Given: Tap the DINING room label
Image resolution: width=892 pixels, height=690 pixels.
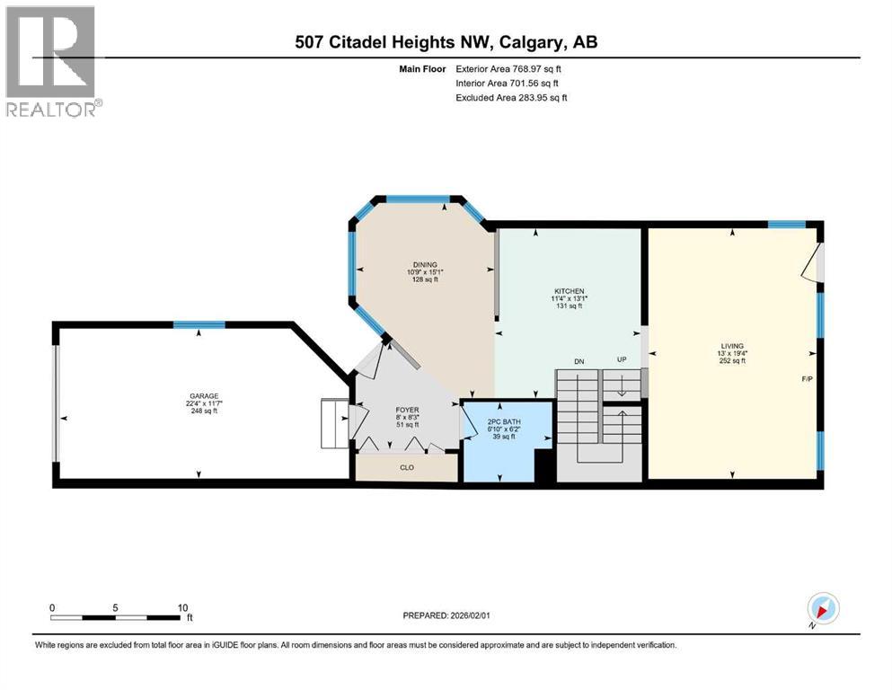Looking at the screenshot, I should (x=425, y=264).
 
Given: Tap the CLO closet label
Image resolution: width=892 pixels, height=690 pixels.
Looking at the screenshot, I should (x=406, y=467).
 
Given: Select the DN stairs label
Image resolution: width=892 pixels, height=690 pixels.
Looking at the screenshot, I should (x=579, y=361).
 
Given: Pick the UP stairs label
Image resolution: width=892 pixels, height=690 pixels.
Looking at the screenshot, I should (x=621, y=360).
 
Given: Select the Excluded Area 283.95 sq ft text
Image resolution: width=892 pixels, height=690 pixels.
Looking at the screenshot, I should (x=511, y=97).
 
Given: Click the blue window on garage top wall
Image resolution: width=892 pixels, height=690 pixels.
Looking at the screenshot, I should (x=199, y=325).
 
